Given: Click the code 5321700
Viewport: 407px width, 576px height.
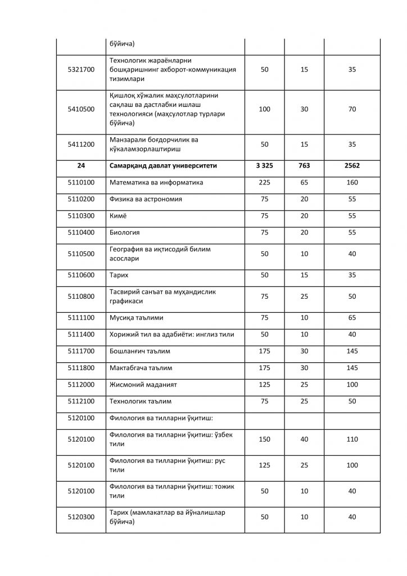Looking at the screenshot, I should click(x=81, y=70).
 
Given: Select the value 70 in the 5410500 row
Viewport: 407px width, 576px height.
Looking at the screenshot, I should click(x=352, y=109).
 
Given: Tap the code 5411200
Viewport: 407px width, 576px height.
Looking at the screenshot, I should click(x=81, y=145).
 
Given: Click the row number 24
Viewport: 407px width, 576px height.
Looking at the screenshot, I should click(x=81, y=166).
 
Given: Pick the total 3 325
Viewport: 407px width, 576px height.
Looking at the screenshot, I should click(x=264, y=166).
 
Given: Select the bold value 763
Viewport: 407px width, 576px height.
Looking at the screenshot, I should click(x=304, y=166).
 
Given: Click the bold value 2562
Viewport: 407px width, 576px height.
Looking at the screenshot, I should click(x=352, y=166).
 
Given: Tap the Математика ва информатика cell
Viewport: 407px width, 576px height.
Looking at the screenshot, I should click(x=156, y=183).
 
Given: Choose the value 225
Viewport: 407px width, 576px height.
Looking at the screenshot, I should click(x=264, y=183).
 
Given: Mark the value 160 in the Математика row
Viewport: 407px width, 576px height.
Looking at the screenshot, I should click(x=352, y=183).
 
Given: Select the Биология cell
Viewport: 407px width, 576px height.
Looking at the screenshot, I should click(x=124, y=232).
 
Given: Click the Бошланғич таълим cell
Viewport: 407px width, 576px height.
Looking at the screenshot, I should click(x=139, y=352).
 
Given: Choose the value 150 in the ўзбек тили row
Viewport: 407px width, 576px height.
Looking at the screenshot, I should click(x=264, y=439).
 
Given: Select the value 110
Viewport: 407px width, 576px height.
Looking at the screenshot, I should click(x=352, y=439).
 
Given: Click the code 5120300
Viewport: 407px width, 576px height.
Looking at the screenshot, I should click(x=81, y=517).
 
